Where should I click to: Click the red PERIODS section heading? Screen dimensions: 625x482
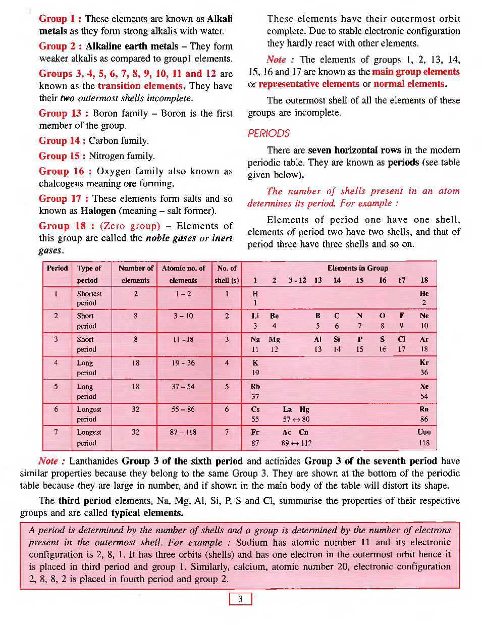[269, 133]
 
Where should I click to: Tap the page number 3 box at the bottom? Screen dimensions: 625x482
[240, 599]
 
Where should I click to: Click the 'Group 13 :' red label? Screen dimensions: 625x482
[63, 113]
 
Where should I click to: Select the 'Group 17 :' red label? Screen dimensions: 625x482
[63, 198]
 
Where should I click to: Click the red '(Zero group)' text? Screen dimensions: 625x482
[130, 226]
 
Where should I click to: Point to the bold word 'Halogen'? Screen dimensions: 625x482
[98, 211]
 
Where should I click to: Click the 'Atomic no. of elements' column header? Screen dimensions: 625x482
[183, 274]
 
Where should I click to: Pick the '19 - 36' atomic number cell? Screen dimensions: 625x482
[183, 362]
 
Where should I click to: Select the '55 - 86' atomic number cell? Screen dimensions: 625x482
[183, 409]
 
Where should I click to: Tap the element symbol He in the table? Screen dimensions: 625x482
[424, 293]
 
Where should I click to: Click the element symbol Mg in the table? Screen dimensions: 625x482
[274, 339]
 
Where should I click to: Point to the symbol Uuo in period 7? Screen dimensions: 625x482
[424, 432]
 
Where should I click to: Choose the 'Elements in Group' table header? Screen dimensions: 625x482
[357, 268]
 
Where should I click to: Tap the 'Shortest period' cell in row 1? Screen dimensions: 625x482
[89, 298]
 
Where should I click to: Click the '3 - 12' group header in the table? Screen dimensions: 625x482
[297, 280]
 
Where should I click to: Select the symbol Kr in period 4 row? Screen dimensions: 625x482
[424, 362]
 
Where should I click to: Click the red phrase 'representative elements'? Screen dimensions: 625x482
[309, 84]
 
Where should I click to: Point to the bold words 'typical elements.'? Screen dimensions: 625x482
[147, 512]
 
